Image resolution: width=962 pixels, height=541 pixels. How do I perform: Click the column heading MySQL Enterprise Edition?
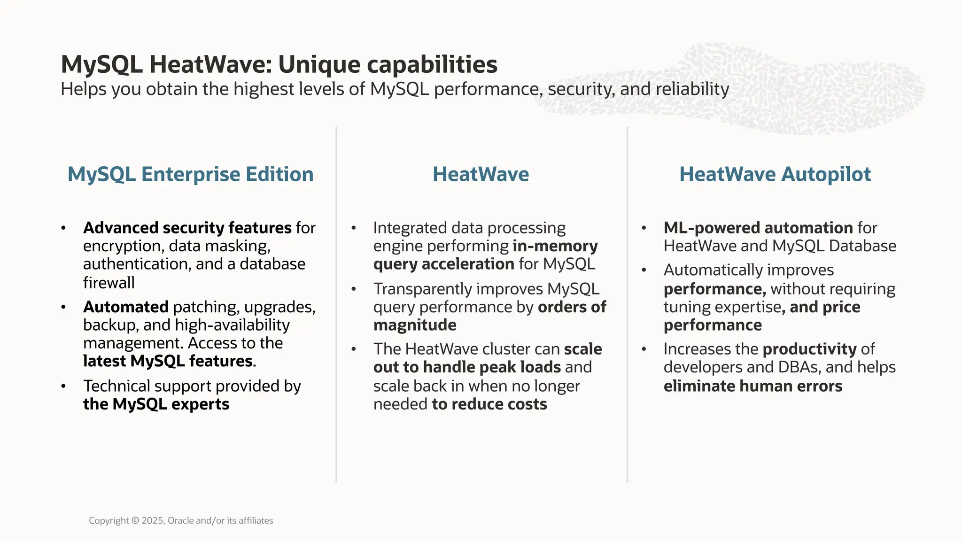point(190,174)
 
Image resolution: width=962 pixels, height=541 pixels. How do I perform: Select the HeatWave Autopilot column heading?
point(775,174)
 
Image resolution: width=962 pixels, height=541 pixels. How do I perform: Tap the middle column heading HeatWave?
point(481,174)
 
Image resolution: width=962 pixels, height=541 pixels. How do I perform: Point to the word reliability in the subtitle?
point(692,89)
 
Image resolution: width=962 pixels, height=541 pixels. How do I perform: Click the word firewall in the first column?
point(109,283)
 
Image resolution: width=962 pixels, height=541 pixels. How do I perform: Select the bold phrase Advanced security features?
point(187,228)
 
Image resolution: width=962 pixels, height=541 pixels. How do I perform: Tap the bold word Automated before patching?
point(125,307)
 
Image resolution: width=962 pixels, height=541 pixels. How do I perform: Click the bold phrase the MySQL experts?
point(156,404)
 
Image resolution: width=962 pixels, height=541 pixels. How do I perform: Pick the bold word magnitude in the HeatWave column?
point(415,325)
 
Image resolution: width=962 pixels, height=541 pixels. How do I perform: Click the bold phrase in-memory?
point(555,246)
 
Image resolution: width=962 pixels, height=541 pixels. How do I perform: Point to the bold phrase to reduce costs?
point(489,404)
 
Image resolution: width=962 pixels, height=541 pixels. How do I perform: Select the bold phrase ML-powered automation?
point(758,228)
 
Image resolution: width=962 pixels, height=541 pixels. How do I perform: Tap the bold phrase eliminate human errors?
point(753,386)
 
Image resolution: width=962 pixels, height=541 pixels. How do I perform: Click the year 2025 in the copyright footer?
point(152,520)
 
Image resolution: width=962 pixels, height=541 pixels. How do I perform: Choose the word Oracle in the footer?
point(180,520)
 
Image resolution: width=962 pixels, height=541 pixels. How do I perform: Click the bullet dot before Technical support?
point(63,386)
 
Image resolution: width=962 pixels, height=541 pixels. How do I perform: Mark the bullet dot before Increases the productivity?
point(644,349)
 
